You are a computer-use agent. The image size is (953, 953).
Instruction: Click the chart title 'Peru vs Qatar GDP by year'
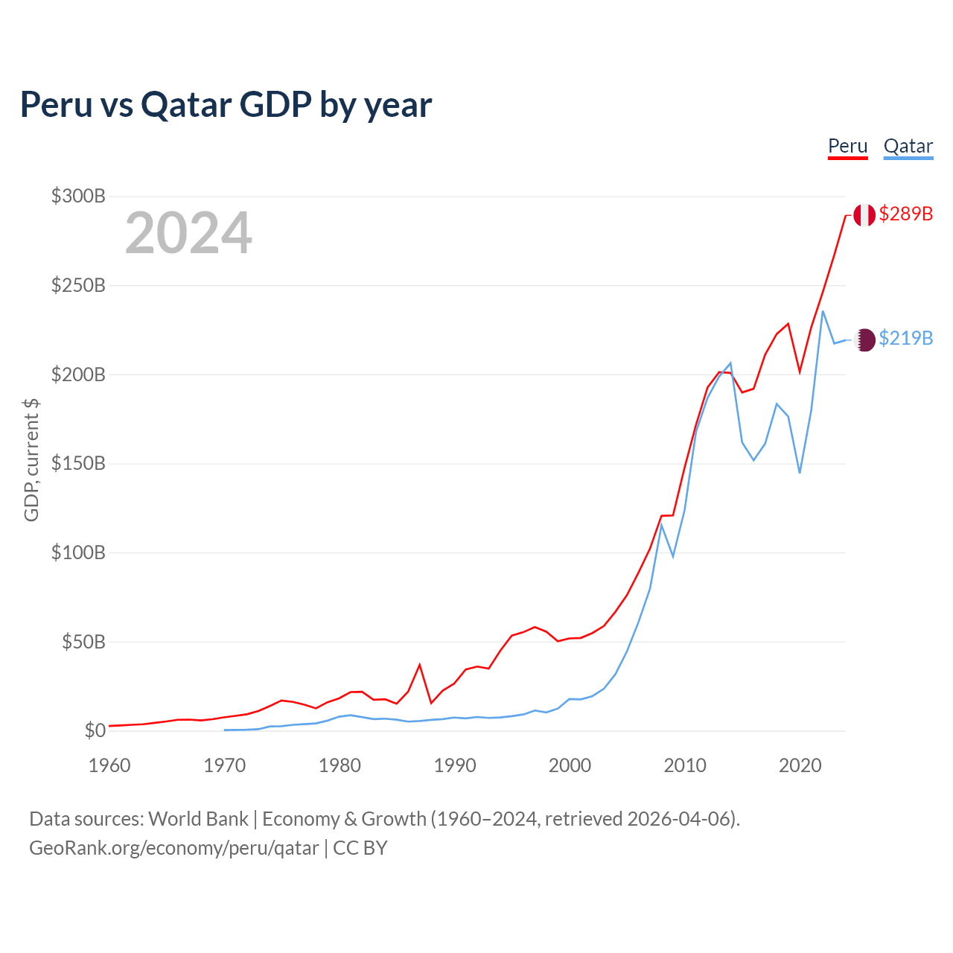point(226,104)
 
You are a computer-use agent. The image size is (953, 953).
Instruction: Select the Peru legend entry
point(847,146)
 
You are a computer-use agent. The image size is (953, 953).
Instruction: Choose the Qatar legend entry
point(908,146)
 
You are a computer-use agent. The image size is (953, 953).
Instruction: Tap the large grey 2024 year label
point(188,234)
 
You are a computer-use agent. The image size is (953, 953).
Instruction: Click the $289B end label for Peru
point(905,214)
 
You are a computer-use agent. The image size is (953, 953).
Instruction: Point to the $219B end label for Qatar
point(905,338)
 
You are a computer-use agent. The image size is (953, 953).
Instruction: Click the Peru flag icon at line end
point(864,215)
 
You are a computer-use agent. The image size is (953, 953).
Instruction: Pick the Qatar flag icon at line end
point(864,340)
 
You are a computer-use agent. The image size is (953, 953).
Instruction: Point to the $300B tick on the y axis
point(78,197)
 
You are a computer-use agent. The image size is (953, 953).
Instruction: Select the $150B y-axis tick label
point(78,464)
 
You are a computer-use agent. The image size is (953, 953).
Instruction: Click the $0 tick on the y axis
point(95,730)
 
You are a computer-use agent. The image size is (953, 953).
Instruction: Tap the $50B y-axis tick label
point(83,642)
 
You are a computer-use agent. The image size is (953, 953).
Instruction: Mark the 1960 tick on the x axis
point(109,765)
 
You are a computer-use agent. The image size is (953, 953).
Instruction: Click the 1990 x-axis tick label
point(454,765)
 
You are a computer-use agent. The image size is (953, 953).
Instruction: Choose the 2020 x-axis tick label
point(800,765)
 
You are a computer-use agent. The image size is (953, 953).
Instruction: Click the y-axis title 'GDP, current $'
point(31,460)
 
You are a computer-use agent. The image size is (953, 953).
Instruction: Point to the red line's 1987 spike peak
point(420,664)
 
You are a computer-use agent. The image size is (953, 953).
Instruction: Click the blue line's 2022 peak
point(823,311)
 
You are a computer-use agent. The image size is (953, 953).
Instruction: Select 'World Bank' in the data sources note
point(198,819)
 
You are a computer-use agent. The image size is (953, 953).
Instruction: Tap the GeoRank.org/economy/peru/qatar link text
point(174,848)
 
